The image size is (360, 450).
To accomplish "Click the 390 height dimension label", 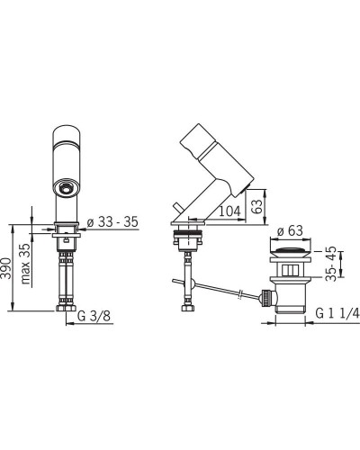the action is pyautogui.click(x=6, y=268).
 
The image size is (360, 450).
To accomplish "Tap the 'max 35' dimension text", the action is pyautogui.click(x=26, y=264).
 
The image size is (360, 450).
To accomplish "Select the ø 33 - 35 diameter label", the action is pyautogui.click(x=112, y=222).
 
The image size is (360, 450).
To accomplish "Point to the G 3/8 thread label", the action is pyautogui.click(x=94, y=316).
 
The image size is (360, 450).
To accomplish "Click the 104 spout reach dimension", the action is pyautogui.click(x=230, y=211).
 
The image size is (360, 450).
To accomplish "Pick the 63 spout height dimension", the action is pyautogui.click(x=256, y=206).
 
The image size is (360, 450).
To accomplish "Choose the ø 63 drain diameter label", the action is pyautogui.click(x=290, y=231).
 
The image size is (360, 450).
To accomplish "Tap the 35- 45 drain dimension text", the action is pyautogui.click(x=331, y=264).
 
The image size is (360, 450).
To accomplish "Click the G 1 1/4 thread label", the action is pyautogui.click(x=337, y=313).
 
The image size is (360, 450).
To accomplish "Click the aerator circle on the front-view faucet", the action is pyautogui.click(x=65, y=189).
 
